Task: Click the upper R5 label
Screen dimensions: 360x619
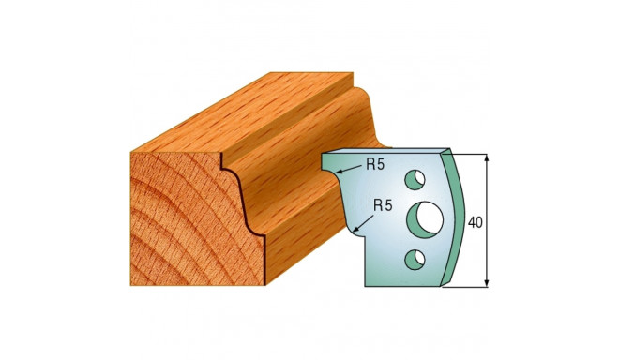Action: (x=375, y=165)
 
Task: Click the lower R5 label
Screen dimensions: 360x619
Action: (x=384, y=203)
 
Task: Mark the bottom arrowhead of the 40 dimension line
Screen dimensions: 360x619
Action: (x=489, y=281)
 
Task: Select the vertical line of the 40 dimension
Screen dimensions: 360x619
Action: (x=489, y=244)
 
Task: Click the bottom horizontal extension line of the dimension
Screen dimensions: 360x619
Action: (x=474, y=287)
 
